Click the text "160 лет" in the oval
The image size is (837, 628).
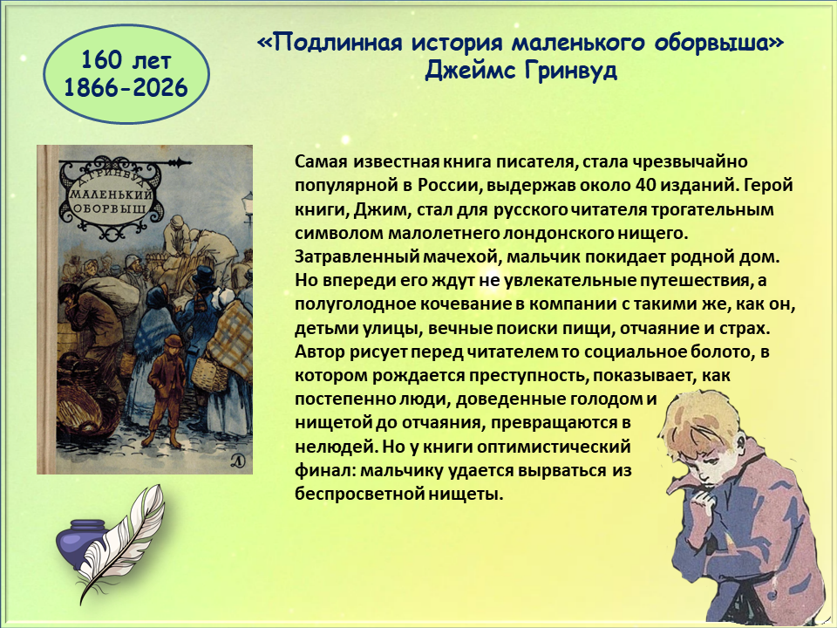coord(126,60)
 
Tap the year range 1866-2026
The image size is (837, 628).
coord(126,87)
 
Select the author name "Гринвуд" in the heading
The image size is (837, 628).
coord(569,70)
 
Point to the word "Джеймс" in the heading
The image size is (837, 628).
coord(470,71)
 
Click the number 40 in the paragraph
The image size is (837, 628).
coord(646,185)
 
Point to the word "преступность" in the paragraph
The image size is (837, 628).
coord(528,376)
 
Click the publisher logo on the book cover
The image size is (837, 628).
coord(238,461)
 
